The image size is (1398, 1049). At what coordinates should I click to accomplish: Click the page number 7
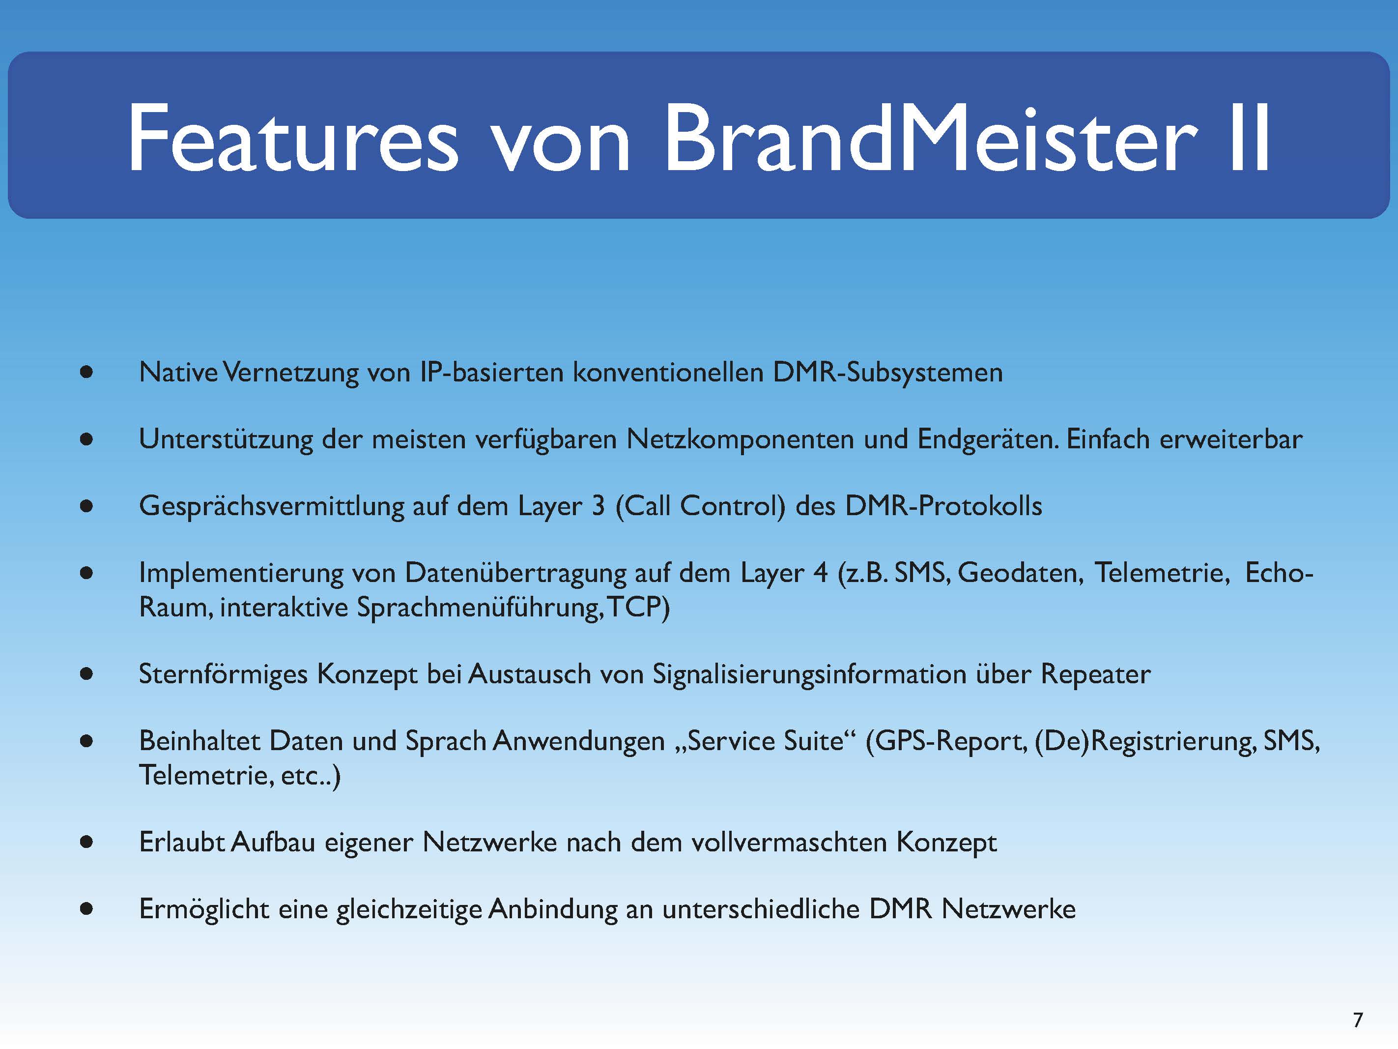(x=1358, y=1020)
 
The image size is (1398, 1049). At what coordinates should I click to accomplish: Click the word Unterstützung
(x=226, y=439)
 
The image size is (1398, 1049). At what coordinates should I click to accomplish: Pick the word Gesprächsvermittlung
(x=272, y=506)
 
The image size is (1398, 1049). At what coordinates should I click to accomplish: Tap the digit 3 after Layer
(x=598, y=506)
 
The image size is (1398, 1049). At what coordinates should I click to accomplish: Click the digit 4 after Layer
(x=820, y=573)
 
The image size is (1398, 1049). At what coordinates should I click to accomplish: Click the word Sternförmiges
(x=223, y=674)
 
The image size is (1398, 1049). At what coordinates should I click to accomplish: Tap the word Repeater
(x=1095, y=674)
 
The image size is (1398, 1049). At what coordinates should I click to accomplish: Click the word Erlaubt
(x=182, y=842)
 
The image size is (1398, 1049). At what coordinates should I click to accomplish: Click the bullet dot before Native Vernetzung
(x=86, y=372)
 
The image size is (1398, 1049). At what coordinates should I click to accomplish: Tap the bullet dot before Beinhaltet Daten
(x=86, y=741)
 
